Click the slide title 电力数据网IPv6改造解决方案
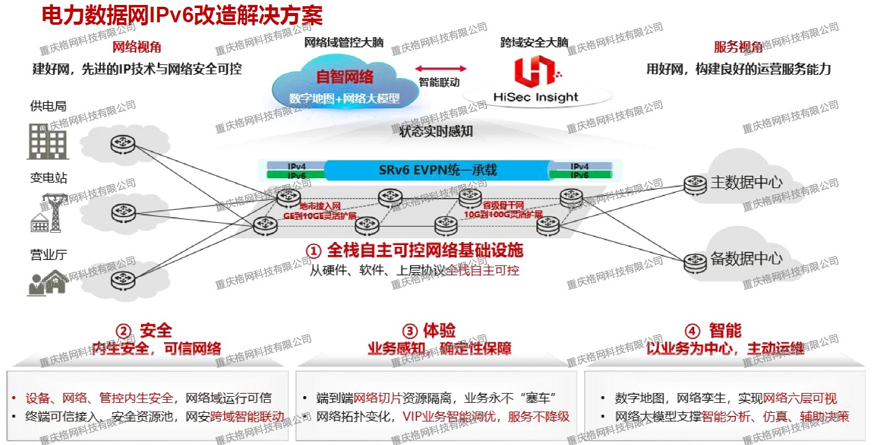pos(182,15)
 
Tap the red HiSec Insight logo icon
pos(535,72)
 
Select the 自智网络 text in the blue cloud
pos(345,77)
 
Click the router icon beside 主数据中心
pos(694,183)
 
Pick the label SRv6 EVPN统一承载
pos(437,170)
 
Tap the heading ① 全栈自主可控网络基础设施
pos(415,250)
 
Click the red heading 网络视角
pos(136,48)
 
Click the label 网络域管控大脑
pos(344,43)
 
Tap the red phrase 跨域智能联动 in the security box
pos(247,417)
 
